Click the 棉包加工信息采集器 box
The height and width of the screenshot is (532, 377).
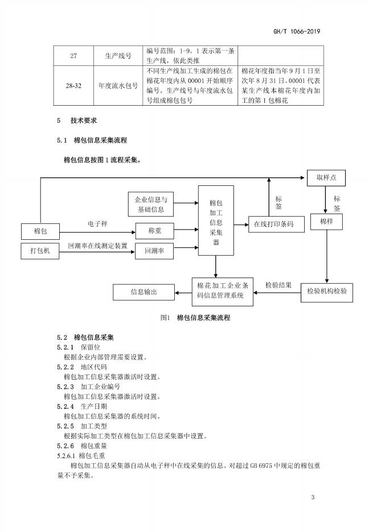(216, 221)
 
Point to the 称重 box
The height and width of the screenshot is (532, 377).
(154, 231)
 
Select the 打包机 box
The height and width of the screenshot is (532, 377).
(40, 251)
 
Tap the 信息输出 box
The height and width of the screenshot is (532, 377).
(143, 292)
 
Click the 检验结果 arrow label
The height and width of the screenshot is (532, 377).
(278, 284)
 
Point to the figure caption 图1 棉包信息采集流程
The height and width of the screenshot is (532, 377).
(195, 317)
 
